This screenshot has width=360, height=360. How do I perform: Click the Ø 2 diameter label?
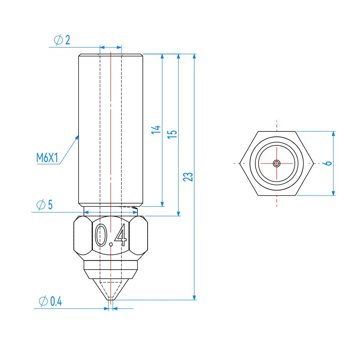coord(62,40)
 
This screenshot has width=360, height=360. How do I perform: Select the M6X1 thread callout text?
coord(47,158)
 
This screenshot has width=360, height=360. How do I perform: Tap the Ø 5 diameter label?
coord(45,205)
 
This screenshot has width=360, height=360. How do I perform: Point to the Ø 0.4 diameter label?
coord(51,301)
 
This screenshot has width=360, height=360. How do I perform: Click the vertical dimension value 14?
coord(156,130)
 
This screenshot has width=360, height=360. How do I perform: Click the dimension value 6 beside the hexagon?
coord(327,163)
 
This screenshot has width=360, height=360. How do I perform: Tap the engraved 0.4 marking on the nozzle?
coord(111,235)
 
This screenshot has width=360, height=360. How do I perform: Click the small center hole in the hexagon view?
coord(276,163)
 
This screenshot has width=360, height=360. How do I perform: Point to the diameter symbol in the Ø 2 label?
coord(59,40)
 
